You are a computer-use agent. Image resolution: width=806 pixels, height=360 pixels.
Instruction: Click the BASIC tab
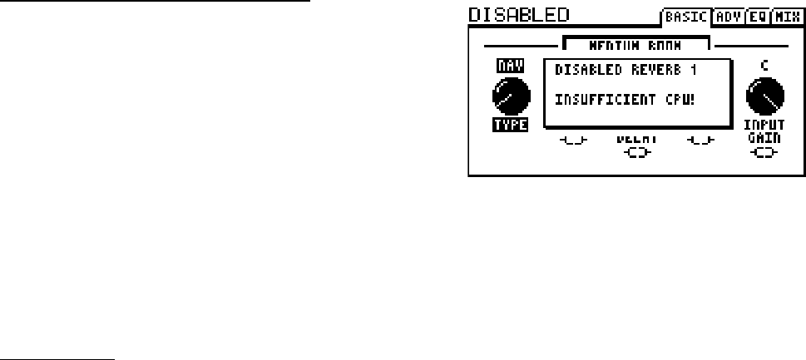[x=685, y=16]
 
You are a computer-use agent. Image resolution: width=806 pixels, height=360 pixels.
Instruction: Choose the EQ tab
[x=757, y=16]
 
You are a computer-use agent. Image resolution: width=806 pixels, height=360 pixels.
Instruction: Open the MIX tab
[x=786, y=16]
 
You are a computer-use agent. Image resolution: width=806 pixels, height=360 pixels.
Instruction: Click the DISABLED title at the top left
[x=518, y=14]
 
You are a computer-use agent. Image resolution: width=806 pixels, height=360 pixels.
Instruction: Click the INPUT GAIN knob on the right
[x=763, y=97]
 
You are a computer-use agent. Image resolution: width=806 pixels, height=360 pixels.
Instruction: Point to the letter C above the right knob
[x=763, y=66]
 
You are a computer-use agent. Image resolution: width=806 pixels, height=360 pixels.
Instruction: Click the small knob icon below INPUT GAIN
[x=764, y=152]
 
